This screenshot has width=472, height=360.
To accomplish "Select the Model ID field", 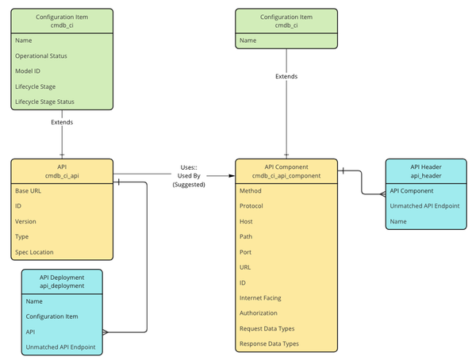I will [x=28, y=71].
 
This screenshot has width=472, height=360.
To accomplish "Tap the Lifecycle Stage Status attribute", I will [x=44, y=101].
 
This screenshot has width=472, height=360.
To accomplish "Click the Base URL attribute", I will [x=29, y=191].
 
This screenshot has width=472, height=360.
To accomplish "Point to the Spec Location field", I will [x=35, y=252].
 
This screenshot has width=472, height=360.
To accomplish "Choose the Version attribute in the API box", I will [x=26, y=221].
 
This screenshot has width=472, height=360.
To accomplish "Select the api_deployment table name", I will [x=62, y=285].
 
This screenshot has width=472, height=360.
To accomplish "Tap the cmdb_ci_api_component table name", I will [x=286, y=175].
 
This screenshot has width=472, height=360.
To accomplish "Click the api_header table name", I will [x=426, y=175].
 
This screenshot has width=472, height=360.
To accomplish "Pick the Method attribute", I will [x=251, y=191].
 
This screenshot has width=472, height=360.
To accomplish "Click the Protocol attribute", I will [x=253, y=206].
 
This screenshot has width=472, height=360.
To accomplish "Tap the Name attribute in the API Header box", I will [x=399, y=221].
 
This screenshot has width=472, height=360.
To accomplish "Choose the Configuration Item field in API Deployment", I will [x=52, y=316].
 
